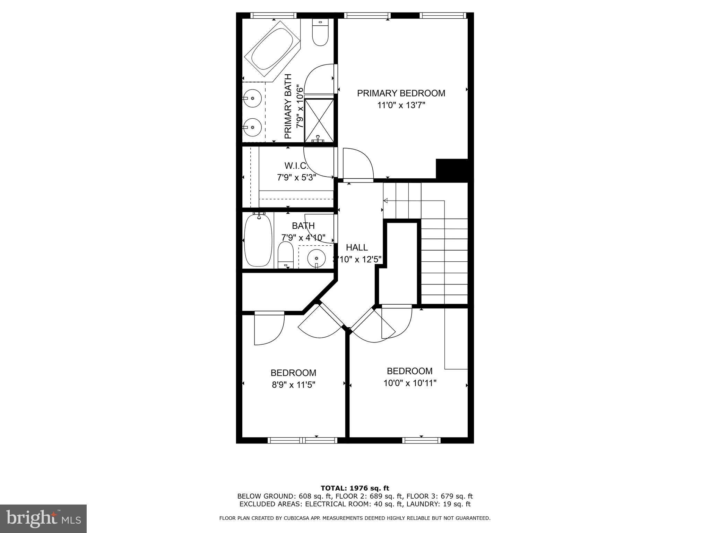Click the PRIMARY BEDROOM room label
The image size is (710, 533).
pyautogui.click(x=401, y=93)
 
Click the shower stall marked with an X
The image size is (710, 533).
pyautogui.click(x=319, y=120)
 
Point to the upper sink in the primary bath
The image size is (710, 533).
pyautogui.click(x=252, y=98)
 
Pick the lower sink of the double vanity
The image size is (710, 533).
pyautogui.click(x=252, y=127)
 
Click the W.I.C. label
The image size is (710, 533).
pyautogui.click(x=296, y=165)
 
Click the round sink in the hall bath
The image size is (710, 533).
pyautogui.click(x=316, y=258)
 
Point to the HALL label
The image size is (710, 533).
pyautogui.click(x=357, y=247)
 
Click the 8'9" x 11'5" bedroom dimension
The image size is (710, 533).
pyautogui.click(x=293, y=385)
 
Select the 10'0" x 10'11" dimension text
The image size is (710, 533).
pyautogui.click(x=409, y=383)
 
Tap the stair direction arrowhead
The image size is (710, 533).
pyautogui.click(x=385, y=201)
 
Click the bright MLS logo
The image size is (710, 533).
pyautogui.click(x=43, y=518)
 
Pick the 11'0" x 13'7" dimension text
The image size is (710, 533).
pyautogui.click(x=401, y=105)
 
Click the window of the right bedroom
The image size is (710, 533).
pyautogui.click(x=421, y=440)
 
